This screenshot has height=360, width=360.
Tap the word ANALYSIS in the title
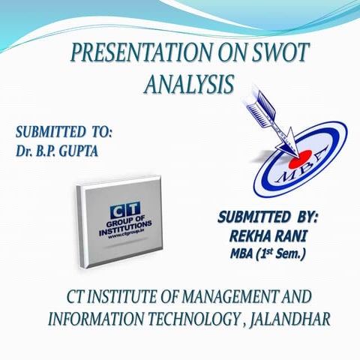[187, 84]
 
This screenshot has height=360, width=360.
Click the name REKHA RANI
[267, 236]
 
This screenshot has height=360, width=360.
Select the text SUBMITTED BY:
[268, 218]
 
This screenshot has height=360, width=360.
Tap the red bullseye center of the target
[295, 160]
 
